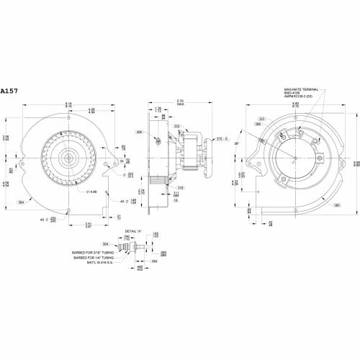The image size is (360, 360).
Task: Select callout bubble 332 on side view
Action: (175, 126)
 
